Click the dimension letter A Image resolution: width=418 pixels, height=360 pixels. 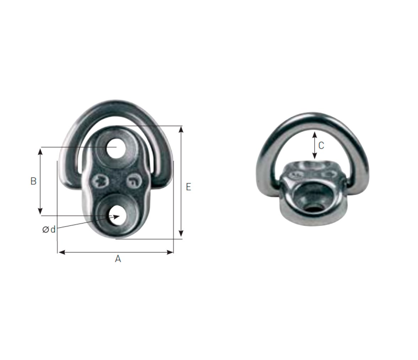tap(118, 259)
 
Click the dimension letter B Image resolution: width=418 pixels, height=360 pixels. tap(33, 181)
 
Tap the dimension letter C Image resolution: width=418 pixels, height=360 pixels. tap(321, 145)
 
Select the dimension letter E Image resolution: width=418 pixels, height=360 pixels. tap(188, 187)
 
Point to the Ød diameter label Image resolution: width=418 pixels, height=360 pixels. tap(49, 229)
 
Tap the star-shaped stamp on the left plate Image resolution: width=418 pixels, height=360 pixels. tap(101, 181)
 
